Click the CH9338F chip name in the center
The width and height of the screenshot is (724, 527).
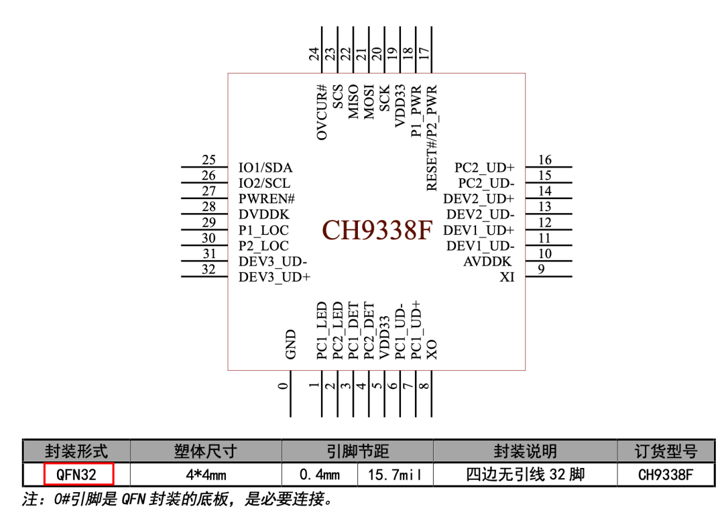(377, 230)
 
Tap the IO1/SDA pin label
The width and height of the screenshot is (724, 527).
(265, 168)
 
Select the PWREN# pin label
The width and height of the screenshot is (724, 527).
(267, 199)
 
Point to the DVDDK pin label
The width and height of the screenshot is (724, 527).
(263, 215)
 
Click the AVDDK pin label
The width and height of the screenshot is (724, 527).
(487, 261)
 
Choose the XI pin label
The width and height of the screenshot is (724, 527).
(507, 277)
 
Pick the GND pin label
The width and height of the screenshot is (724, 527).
(290, 344)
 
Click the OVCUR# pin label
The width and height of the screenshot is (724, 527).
(322, 112)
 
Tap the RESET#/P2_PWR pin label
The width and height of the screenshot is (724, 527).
(432, 137)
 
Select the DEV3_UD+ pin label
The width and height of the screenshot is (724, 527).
(274, 277)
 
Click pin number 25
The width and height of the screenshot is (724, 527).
(209, 160)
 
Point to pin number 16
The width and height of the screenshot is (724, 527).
(545, 160)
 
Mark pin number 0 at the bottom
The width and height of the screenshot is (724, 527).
(284, 386)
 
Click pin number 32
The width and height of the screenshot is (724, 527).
(209, 269)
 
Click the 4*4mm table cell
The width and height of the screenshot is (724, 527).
(206, 475)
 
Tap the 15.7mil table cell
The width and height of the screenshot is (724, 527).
(395, 475)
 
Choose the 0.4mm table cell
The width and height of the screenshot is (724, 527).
(320, 475)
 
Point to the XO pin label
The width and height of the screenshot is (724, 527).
(432, 349)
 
